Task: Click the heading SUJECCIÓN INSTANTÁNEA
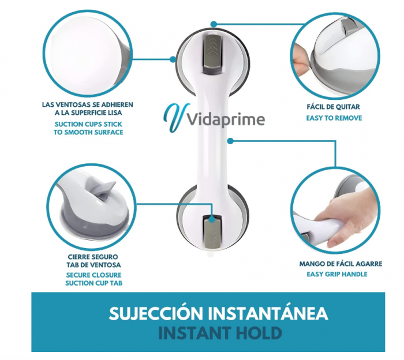218,313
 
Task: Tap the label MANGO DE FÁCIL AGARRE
341,264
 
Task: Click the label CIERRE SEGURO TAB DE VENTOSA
93,260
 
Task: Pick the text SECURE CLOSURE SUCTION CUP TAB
93,279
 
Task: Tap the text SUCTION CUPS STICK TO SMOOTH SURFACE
88,128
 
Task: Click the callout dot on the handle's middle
229,140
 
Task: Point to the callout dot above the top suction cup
214,24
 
